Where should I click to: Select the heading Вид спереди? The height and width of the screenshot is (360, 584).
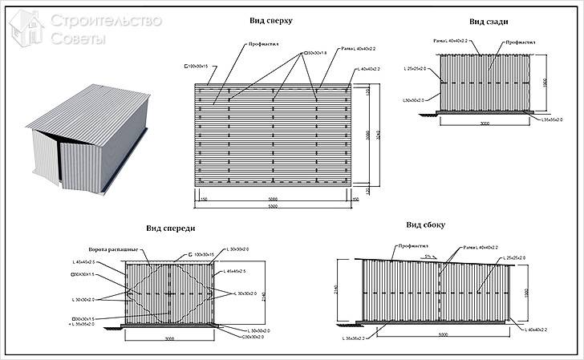(171, 229)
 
